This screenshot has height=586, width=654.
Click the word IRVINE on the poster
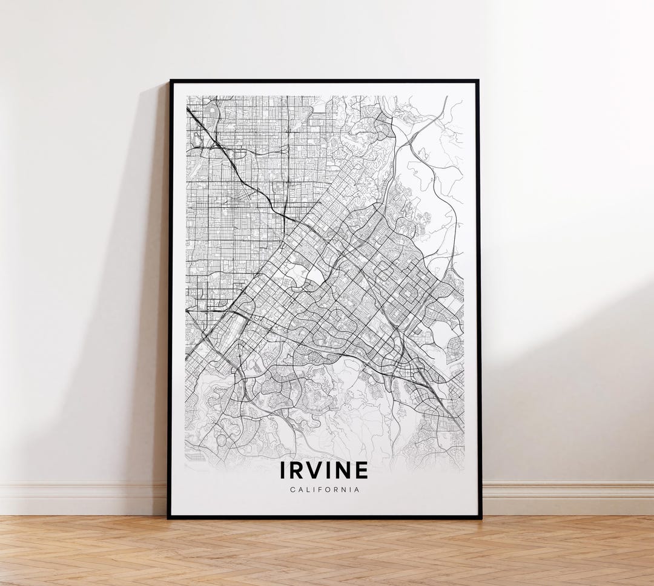(324, 470)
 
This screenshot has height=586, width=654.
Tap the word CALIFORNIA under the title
(324, 490)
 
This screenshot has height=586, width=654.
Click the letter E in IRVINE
(361, 470)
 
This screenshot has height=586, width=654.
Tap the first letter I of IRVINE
(283, 470)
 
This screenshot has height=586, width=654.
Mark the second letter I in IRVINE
(328, 470)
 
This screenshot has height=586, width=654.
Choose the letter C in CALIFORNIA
(292, 490)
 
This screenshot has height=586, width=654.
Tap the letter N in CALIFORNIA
(344, 490)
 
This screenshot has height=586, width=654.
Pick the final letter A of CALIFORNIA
(357, 490)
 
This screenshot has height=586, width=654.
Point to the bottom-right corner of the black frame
(481, 518)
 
